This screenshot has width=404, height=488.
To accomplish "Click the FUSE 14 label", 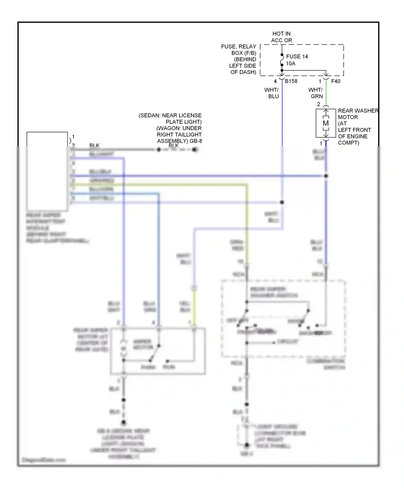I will (297, 56).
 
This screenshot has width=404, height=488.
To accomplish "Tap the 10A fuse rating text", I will (291, 63).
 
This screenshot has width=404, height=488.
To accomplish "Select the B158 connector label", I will (291, 81).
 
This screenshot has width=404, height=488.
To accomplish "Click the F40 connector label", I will (336, 81).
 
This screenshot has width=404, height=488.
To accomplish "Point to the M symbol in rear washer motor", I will (326, 123).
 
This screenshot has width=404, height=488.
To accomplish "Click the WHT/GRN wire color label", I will (316, 93).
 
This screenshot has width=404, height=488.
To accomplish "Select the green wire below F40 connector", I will (326, 93).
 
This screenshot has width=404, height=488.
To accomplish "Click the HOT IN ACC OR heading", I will (281, 37).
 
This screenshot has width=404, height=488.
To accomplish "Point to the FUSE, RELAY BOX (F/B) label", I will (239, 50).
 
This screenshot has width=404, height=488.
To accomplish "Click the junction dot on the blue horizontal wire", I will (326, 176).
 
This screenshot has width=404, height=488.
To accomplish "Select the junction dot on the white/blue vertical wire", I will (282, 202).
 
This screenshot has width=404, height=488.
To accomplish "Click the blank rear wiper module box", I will (47, 171).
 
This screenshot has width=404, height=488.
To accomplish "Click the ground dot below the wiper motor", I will (124, 422).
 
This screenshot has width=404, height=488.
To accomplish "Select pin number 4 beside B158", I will (275, 81).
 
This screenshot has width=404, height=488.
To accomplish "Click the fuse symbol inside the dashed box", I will (282, 60).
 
